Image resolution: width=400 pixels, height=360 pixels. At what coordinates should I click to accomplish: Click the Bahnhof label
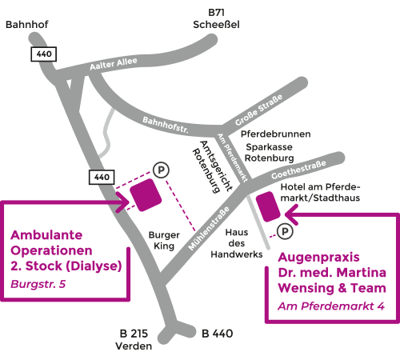[27, 25]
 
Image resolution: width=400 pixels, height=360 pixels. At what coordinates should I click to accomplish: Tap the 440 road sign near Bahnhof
[43, 54]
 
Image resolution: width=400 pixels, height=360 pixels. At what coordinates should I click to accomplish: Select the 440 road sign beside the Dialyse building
[102, 177]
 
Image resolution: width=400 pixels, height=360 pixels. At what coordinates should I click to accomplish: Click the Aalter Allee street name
[114, 64]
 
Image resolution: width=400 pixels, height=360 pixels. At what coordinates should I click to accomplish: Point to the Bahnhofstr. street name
[166, 125]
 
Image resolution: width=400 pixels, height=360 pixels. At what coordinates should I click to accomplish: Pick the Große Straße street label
[258, 110]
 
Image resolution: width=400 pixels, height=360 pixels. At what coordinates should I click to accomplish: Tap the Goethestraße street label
[298, 170]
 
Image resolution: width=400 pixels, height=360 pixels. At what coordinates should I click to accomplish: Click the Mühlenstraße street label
[209, 228]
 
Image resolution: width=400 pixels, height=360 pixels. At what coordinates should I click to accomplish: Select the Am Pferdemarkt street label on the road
[233, 158]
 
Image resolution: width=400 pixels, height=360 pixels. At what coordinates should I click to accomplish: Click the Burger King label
[164, 240]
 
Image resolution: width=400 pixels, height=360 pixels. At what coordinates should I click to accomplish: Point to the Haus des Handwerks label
[237, 243]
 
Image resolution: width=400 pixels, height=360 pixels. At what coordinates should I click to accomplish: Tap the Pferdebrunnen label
[275, 134]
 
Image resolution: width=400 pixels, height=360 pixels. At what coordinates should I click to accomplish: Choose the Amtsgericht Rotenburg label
[213, 166]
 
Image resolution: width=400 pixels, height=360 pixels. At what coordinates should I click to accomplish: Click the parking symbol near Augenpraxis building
[285, 231]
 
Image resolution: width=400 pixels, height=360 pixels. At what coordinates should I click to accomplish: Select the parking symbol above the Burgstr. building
[161, 170]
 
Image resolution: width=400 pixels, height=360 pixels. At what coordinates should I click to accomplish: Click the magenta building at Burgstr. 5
[146, 195]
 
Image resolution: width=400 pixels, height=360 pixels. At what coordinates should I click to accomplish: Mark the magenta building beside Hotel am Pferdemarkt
[268, 206]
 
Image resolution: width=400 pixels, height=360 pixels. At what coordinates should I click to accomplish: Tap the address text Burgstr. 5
[38, 284]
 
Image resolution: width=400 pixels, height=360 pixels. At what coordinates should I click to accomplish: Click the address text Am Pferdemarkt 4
[331, 306]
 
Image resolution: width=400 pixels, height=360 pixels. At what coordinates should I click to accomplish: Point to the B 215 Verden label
[134, 340]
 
